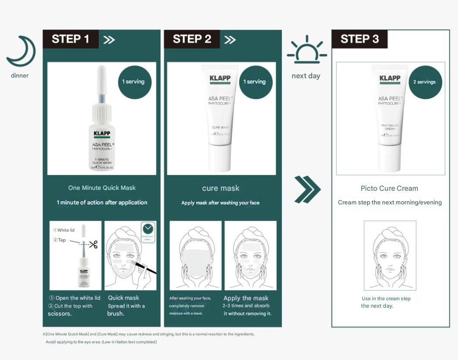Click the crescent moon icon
[x=21, y=51]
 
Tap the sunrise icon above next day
[x=307, y=51]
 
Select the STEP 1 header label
[x=70, y=39]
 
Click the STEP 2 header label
[x=192, y=39]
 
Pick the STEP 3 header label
[x=359, y=39]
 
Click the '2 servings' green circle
[x=426, y=82]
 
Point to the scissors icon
[x=93, y=244]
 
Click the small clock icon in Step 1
[x=148, y=229]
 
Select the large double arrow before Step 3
[x=307, y=190]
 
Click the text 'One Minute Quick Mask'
[x=102, y=188]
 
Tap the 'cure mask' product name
[x=220, y=188]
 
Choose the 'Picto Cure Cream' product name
[x=389, y=188]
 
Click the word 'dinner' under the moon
[x=20, y=76]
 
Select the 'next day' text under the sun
[x=306, y=76]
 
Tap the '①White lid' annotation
[x=64, y=230]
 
